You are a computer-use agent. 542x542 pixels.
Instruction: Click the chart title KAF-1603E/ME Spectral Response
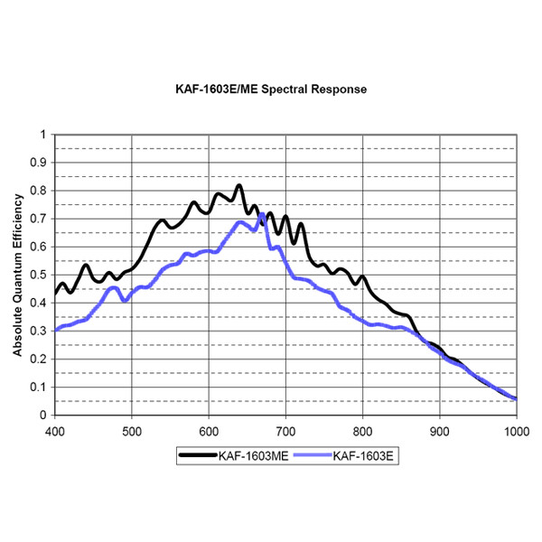pyautogui.click(x=271, y=90)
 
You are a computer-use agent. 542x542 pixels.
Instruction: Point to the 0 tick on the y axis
pyautogui.click(x=42, y=415)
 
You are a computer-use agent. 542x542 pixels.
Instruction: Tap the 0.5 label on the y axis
pyautogui.click(x=38, y=275)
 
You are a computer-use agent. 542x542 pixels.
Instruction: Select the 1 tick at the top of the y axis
pyautogui.click(x=42, y=135)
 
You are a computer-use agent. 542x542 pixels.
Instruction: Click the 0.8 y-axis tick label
pyautogui.click(x=38, y=191)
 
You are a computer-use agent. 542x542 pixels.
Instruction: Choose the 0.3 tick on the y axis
pyautogui.click(x=38, y=331)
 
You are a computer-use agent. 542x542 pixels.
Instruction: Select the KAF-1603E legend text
pyautogui.click(x=365, y=457)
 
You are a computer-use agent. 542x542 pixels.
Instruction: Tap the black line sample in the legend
pyautogui.click(x=195, y=457)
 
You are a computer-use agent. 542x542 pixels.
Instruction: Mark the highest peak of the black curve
pyautogui.click(x=239, y=185)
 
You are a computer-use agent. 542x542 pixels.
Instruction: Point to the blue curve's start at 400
pyautogui.click(x=55, y=330)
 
